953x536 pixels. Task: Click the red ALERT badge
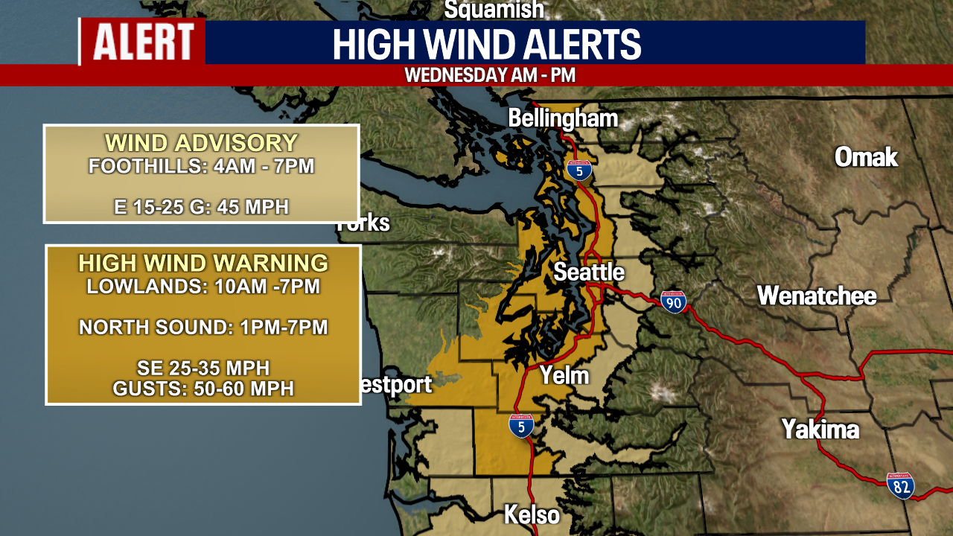[x=143, y=42]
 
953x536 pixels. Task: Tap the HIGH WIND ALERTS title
[x=487, y=44]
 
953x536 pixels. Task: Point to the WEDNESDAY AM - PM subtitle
[x=490, y=75]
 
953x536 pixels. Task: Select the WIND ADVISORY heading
[x=201, y=143]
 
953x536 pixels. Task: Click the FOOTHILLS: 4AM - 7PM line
[x=201, y=166]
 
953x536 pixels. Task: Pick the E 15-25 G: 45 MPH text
[x=201, y=207]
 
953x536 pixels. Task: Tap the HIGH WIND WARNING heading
[x=203, y=263]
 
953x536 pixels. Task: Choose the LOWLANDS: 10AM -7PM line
[x=203, y=286]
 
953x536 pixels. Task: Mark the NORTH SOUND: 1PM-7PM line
[x=203, y=327]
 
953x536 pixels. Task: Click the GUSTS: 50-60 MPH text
[x=203, y=388]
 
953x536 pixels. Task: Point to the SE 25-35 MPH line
[x=203, y=368]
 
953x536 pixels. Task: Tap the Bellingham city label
[x=563, y=118]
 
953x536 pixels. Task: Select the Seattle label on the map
[x=588, y=272]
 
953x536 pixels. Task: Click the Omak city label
[x=866, y=157]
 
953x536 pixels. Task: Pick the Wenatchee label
[x=817, y=296]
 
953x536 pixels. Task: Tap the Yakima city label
[x=820, y=430]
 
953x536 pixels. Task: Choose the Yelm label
[x=564, y=376]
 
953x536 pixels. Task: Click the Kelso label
[x=532, y=514]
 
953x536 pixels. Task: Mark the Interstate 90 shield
[x=673, y=301]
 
